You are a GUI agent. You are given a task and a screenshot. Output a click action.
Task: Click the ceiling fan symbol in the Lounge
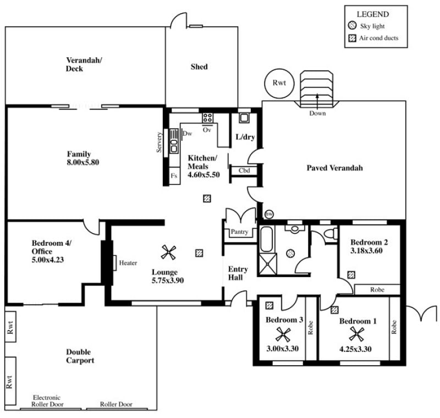coord(169,252)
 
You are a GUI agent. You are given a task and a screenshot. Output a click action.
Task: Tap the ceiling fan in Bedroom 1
coord(356,334)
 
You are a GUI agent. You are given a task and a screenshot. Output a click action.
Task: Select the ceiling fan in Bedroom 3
coord(283,334)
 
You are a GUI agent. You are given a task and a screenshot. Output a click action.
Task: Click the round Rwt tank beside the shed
coord(279,83)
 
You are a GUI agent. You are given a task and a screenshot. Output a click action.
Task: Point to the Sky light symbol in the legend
coord(352,25)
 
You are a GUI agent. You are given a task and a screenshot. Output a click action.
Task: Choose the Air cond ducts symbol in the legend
coord(352,38)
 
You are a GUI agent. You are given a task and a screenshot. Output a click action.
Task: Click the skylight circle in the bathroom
coord(290,254)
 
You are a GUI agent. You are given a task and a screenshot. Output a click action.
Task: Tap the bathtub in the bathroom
coord(266,239)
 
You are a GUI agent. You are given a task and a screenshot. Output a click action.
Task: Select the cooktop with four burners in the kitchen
coord(208,118)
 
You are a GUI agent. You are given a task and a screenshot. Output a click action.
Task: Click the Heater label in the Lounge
coord(128,263)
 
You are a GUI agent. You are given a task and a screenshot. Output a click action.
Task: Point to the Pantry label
coord(239,232)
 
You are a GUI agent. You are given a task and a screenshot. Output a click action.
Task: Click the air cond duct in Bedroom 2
coord(351,274)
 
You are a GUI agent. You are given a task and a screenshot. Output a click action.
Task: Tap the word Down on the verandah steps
coord(317,113)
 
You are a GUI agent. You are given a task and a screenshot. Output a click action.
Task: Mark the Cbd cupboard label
coord(244,170)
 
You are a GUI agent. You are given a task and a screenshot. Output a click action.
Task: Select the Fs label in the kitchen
coord(174,176)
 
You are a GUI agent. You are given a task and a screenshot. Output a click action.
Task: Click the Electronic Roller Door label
coord(47,401)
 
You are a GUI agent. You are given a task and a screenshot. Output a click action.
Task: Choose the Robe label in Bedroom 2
coord(377,289)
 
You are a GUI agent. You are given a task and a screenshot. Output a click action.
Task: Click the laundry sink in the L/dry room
coord(244,118)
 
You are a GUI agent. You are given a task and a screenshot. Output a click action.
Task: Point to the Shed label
coord(199,67)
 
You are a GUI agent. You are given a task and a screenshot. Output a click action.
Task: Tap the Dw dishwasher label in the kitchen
coord(187,134)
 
